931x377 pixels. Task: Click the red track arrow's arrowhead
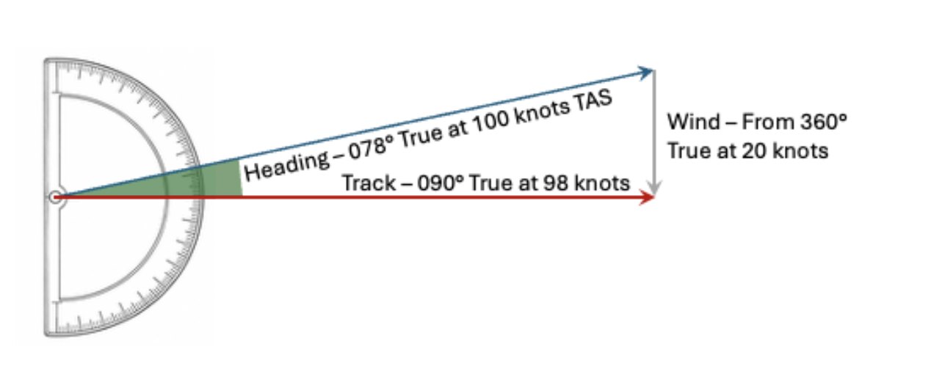[647, 197]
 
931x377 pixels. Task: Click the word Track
[369, 183]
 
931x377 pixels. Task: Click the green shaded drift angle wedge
[200, 180]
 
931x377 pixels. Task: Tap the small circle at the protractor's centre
[56, 197]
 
